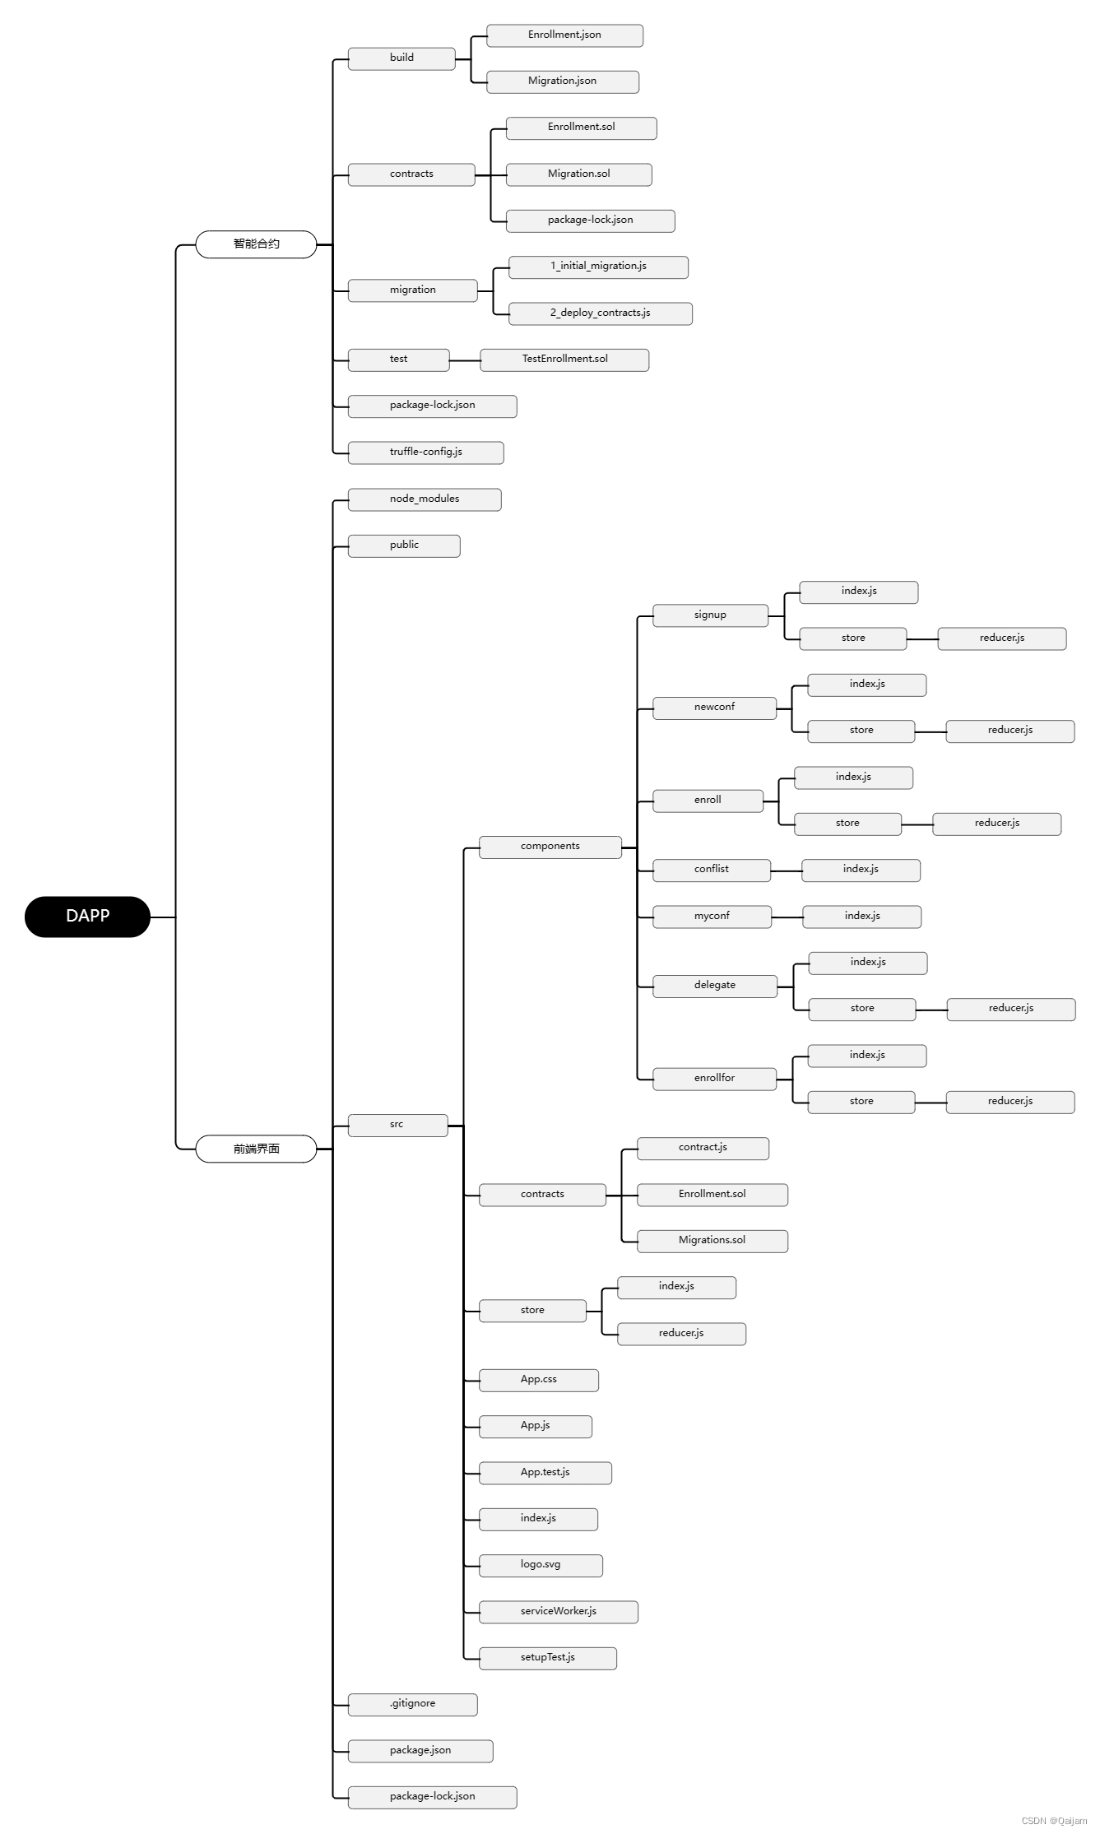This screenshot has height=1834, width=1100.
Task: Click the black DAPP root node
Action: click(x=87, y=916)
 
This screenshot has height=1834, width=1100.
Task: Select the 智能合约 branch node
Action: click(x=256, y=244)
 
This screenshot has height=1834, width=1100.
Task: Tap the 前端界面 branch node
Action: click(x=256, y=1149)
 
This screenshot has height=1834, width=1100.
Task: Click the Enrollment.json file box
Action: click(x=564, y=35)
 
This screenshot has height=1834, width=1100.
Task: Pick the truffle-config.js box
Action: click(x=425, y=453)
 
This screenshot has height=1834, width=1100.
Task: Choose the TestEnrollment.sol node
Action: click(x=564, y=360)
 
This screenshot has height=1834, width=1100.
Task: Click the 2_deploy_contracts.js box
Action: click(x=600, y=313)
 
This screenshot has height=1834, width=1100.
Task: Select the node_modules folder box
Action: click(x=425, y=499)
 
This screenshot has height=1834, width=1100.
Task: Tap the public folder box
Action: click(x=404, y=546)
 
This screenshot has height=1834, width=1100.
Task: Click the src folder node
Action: click(x=397, y=1125)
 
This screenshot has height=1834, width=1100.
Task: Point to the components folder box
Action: click(x=550, y=847)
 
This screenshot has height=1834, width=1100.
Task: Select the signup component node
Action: click(x=710, y=615)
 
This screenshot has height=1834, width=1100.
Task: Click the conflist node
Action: click(x=712, y=870)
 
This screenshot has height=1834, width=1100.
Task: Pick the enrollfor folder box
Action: click(x=714, y=1079)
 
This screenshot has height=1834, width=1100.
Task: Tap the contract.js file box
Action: click(x=703, y=1148)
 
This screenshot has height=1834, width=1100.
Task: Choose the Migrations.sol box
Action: click(x=712, y=1241)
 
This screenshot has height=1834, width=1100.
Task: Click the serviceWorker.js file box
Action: click(x=558, y=1612)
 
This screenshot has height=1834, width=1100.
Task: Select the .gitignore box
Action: click(x=412, y=1704)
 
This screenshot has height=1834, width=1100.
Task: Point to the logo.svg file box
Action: click(x=541, y=1565)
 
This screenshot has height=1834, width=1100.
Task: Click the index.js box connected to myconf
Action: click(x=861, y=917)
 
